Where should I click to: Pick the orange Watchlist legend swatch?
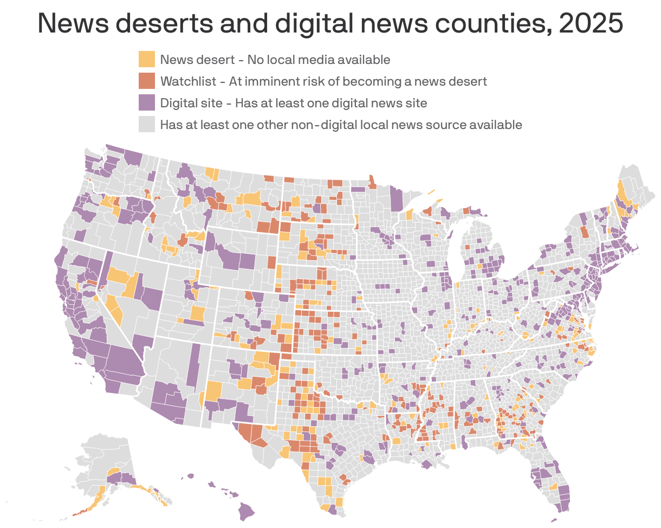[x=146, y=81]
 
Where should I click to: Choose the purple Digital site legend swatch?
[x=146, y=103]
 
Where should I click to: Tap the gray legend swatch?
[x=146, y=125]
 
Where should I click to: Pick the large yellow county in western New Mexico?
[x=213, y=391]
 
